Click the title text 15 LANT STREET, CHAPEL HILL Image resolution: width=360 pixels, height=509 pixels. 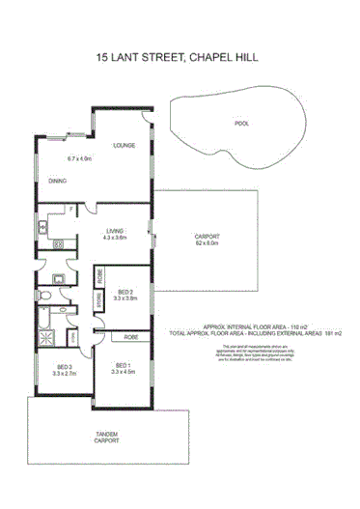coord(180,58)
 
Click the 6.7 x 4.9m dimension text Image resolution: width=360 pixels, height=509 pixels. coord(79,158)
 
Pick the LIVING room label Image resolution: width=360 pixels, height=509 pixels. coord(116,229)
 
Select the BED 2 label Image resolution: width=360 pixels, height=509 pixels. coord(125,291)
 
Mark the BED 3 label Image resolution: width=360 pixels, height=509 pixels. coord(65,367)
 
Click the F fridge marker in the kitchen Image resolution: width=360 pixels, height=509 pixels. coord(70,209)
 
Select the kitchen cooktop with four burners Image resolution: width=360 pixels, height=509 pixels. coord(44,229)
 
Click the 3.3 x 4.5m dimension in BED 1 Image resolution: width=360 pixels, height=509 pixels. coord(123,371)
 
